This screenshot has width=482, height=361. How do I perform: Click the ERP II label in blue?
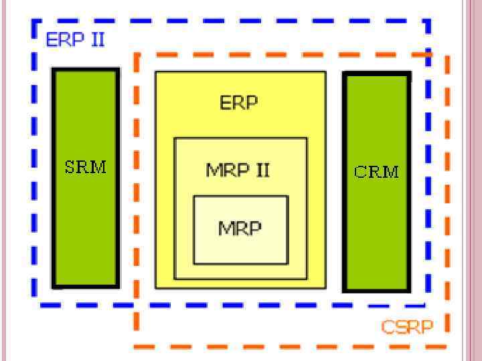(x=75, y=39)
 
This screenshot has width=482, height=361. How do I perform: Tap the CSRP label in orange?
(x=407, y=327)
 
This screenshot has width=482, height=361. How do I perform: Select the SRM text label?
(x=86, y=166)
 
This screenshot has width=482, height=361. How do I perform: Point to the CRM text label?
(x=376, y=172)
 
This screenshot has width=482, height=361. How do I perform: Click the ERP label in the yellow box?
(x=239, y=103)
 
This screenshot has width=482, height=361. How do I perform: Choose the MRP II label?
(x=238, y=170)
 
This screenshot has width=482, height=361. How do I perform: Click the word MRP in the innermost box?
(x=240, y=228)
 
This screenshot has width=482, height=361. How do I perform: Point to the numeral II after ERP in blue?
(x=97, y=39)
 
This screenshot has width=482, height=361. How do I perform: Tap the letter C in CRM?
(x=360, y=172)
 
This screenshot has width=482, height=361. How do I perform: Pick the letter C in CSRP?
(x=388, y=327)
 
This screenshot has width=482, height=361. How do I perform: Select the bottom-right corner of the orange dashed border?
(x=447, y=346)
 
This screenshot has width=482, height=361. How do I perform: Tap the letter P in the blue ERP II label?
(x=80, y=39)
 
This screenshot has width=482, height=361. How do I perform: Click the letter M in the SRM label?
(x=98, y=166)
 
